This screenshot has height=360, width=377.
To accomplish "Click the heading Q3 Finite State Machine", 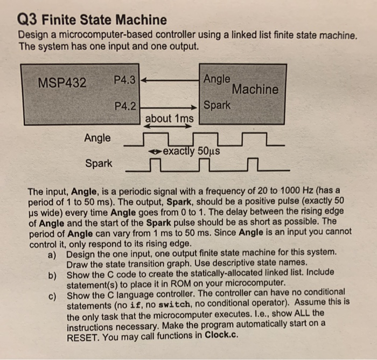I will [x=92, y=20].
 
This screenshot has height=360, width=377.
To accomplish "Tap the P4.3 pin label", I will [x=125, y=80].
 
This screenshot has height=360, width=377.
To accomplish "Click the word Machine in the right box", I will [x=255, y=89].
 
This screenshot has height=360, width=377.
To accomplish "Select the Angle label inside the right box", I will [x=217, y=79].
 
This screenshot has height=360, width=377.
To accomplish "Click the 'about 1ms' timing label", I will [x=170, y=117].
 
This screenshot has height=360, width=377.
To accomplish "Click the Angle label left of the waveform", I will [x=97, y=138].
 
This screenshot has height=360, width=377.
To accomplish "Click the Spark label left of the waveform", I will [x=99, y=163].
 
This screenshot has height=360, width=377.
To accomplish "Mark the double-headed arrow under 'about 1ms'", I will [x=169, y=128].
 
